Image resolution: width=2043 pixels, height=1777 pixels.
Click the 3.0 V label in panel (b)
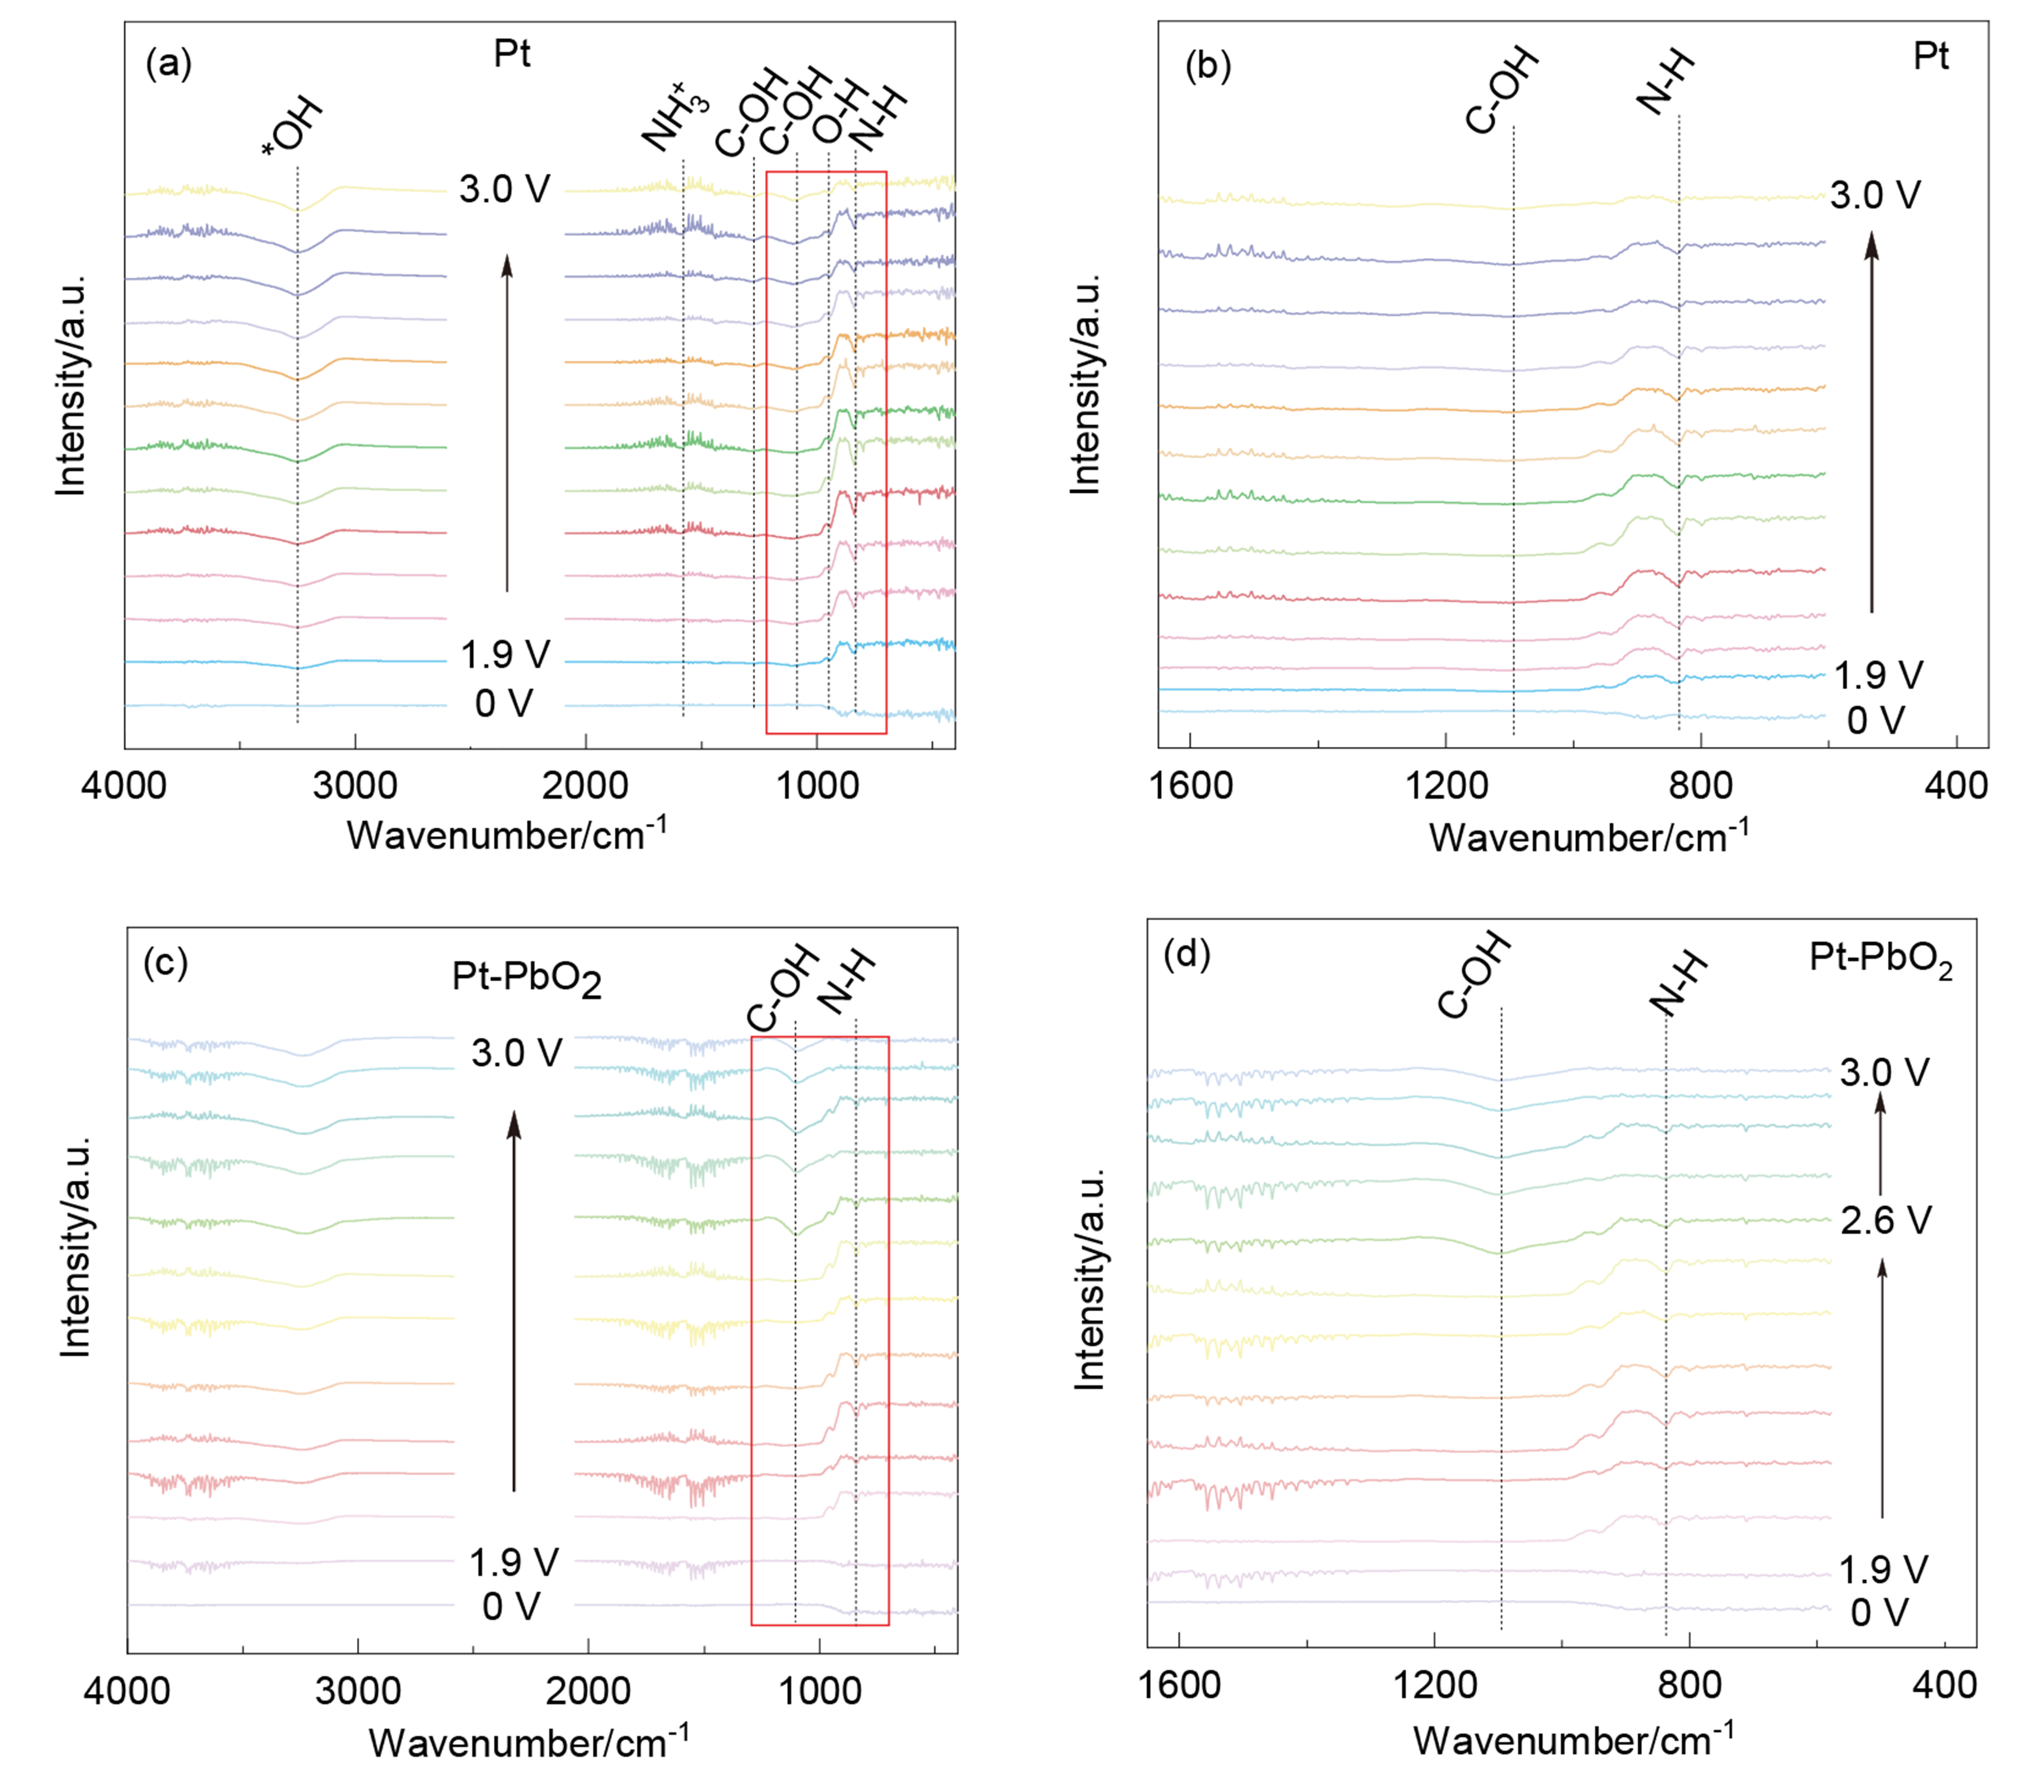coord(1875,195)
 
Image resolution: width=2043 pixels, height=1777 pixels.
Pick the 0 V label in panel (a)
coord(504,704)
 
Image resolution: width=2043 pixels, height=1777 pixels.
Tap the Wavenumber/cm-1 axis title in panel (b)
coord(1588,838)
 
